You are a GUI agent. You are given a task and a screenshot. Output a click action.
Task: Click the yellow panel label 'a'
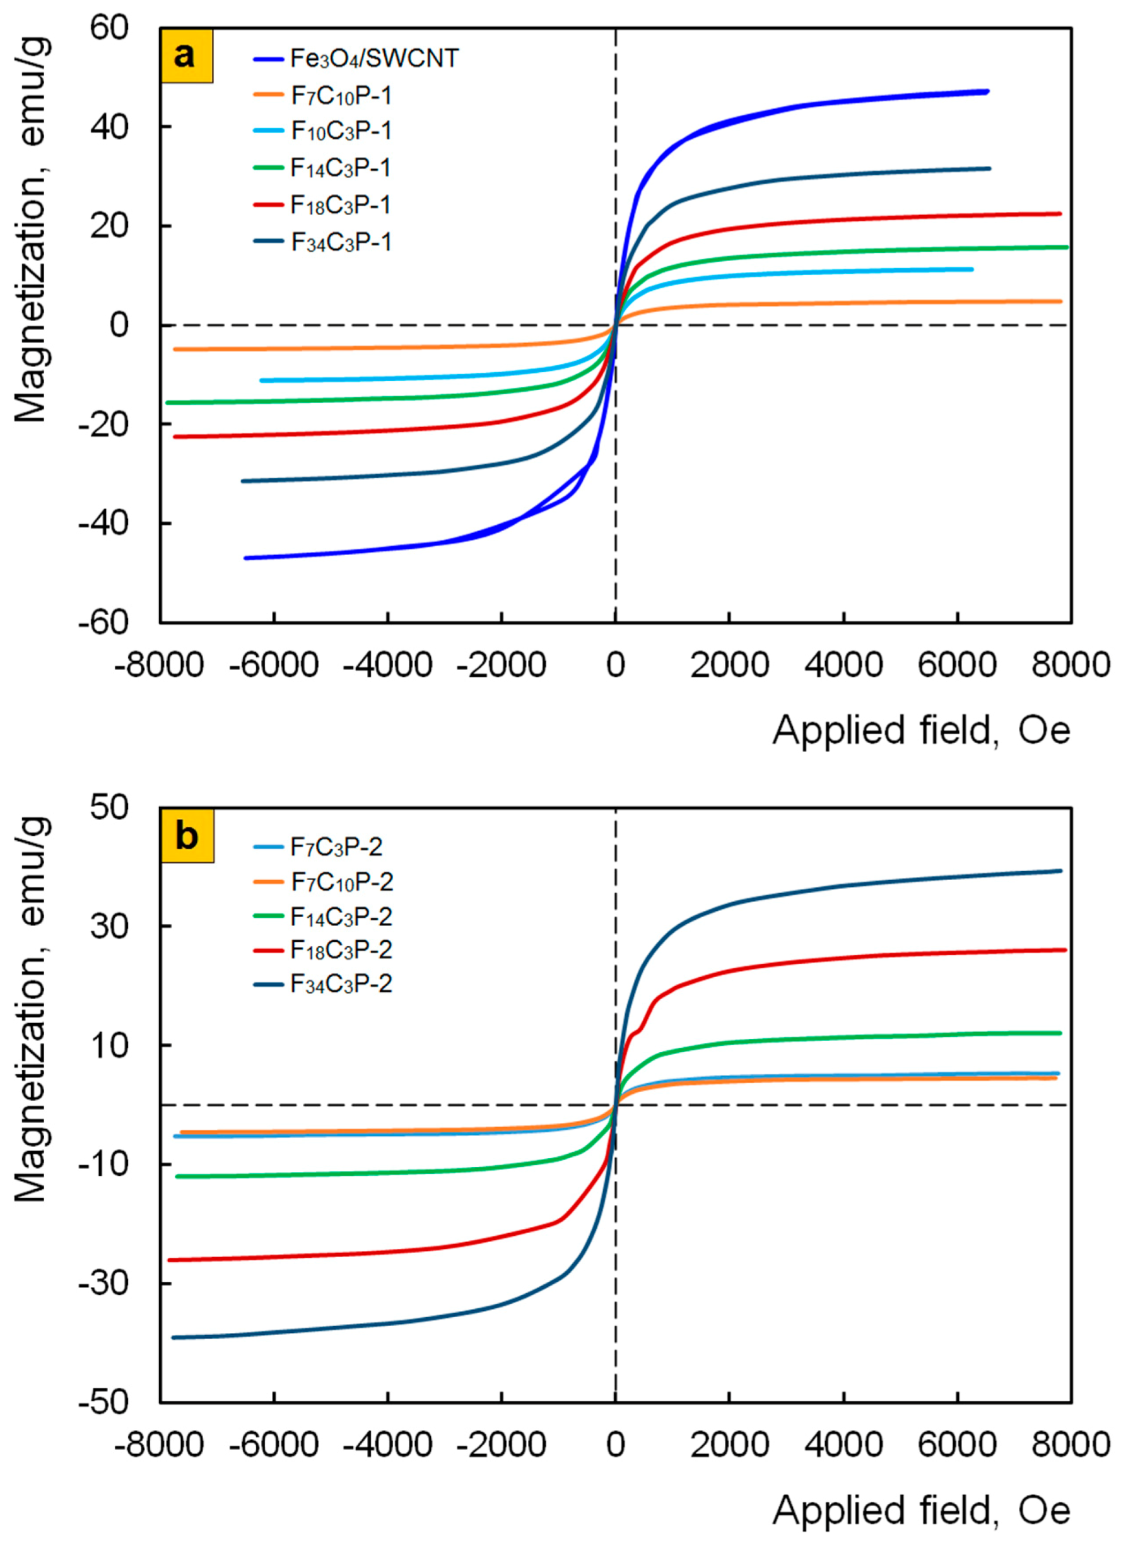pyautogui.click(x=186, y=56)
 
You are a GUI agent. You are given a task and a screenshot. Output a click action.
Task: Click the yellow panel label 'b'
pyautogui.click(x=186, y=836)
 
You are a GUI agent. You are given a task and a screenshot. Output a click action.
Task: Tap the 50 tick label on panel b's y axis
pyautogui.click(x=109, y=808)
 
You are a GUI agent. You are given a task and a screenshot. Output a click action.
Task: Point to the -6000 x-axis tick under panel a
pyautogui.click(x=274, y=664)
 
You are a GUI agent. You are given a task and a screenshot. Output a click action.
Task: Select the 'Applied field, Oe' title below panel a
pyautogui.click(x=921, y=731)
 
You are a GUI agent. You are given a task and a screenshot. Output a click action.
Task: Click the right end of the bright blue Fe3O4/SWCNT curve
pyautogui.click(x=987, y=91)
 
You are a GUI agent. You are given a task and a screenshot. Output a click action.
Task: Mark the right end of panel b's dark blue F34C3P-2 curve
pyautogui.click(x=1060, y=871)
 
